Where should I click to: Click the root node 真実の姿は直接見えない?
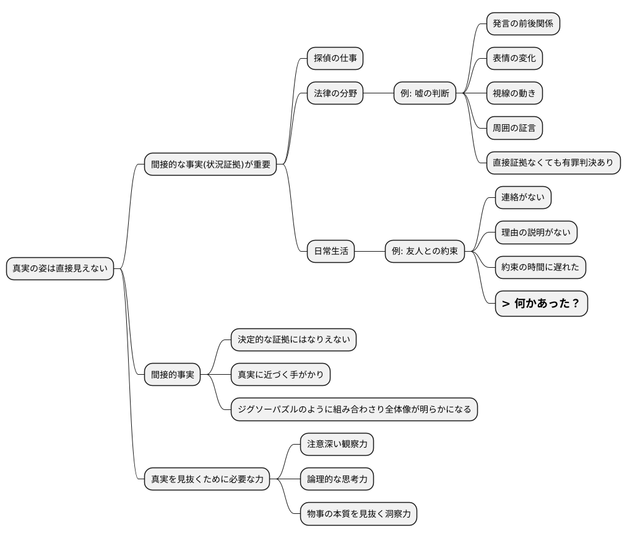click(x=60, y=268)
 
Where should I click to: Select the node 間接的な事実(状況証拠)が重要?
click(x=210, y=164)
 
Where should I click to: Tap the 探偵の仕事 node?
click(x=335, y=59)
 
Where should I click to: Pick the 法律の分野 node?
click(x=335, y=93)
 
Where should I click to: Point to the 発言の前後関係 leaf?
click(x=523, y=24)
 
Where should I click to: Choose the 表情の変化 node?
click(x=514, y=59)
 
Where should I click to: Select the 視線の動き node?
click(x=514, y=93)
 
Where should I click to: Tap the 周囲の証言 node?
click(x=514, y=128)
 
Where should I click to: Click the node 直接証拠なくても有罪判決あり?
click(x=553, y=163)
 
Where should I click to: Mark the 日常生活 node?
click(x=331, y=251)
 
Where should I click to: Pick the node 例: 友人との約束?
click(x=425, y=251)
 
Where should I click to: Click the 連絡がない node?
click(x=523, y=198)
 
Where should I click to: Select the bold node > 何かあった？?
click(x=541, y=304)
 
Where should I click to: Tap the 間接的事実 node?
click(x=172, y=374)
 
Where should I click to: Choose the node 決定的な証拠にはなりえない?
click(x=293, y=339)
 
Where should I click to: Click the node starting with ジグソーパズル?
click(x=354, y=409)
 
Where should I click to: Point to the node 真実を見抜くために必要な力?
click(x=207, y=479)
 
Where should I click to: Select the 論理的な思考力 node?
click(x=337, y=479)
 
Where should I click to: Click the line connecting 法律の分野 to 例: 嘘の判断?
click(x=378, y=93)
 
